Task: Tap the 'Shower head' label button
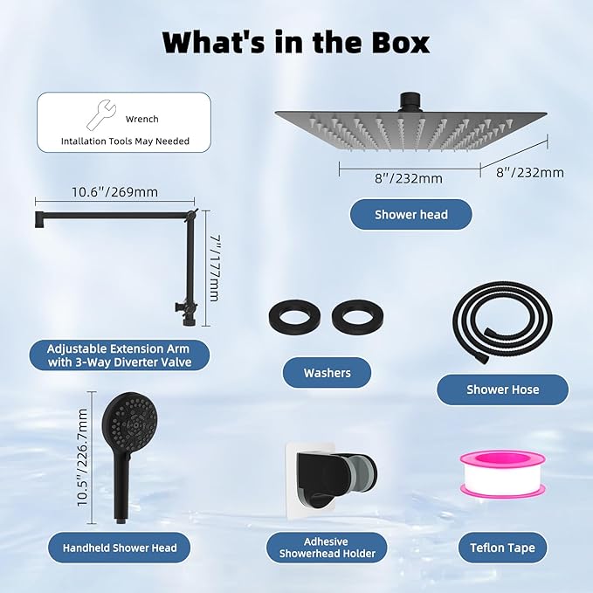pos(410,214)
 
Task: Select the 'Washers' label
pos(327,373)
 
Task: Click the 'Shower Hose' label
pos(502,390)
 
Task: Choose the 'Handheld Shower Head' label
pos(120,548)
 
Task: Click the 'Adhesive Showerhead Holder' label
pos(327,547)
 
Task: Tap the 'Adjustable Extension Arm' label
pos(117,355)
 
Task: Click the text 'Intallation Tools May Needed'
pos(125,141)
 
